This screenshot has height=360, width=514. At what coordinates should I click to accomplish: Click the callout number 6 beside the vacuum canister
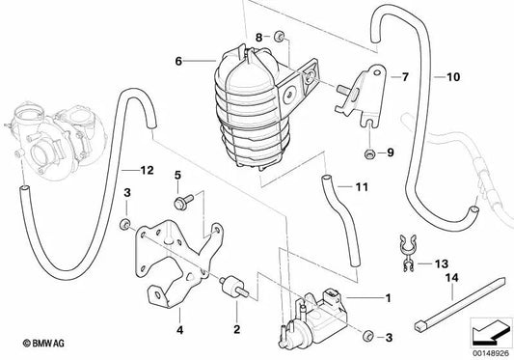coord(178,61)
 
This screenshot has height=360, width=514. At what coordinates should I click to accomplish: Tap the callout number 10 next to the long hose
coord(453,77)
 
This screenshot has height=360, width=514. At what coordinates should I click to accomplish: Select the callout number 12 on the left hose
coord(147,170)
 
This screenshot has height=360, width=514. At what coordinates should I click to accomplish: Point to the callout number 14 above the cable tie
coord(451,278)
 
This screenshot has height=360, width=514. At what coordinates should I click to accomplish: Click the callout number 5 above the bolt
coord(177,176)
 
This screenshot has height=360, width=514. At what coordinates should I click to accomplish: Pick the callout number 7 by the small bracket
coord(405,77)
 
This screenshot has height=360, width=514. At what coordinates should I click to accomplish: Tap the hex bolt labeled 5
coord(183,202)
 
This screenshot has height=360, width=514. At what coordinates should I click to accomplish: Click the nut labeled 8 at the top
coord(279,36)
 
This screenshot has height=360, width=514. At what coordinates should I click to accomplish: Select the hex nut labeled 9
coord(369,152)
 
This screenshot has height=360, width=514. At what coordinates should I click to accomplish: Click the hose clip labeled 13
coord(407,253)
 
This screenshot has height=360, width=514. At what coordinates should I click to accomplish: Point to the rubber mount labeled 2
coord(234,288)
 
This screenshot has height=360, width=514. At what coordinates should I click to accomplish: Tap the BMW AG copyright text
coord(43,344)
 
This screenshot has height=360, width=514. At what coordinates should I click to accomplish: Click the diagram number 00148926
coord(491,353)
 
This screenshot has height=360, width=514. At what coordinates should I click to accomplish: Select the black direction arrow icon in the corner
coord(491,332)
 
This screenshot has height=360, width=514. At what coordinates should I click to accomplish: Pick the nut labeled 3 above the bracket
coord(125,225)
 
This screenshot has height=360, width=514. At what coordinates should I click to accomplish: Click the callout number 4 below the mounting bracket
coord(179,329)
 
